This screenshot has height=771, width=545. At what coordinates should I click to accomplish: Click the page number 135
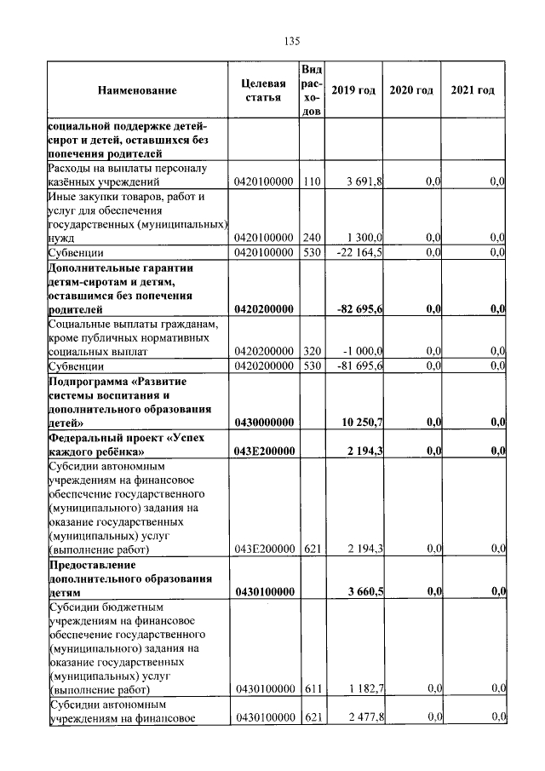(x=291, y=41)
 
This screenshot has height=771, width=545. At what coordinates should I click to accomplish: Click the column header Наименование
(x=137, y=90)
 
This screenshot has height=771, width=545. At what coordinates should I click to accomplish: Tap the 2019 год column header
(x=353, y=90)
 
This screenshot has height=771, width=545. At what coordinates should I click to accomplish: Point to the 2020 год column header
(x=410, y=90)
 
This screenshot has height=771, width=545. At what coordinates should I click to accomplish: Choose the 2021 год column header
(x=473, y=90)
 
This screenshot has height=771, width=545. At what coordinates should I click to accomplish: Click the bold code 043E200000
(x=264, y=451)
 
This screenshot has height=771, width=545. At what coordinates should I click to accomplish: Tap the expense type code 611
(x=312, y=688)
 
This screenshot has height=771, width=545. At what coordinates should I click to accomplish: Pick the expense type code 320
(x=312, y=351)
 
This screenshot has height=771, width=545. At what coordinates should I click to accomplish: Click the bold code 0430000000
(x=264, y=422)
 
